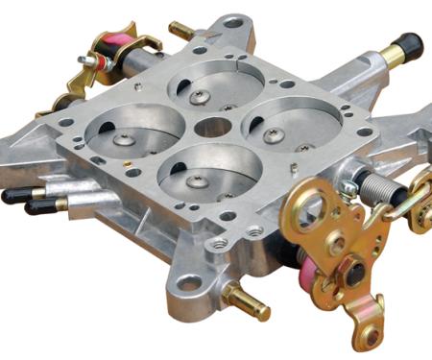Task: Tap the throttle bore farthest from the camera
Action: [x=204, y=85]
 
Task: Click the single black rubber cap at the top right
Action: [x=408, y=45]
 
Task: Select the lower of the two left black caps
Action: [x=29, y=206]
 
